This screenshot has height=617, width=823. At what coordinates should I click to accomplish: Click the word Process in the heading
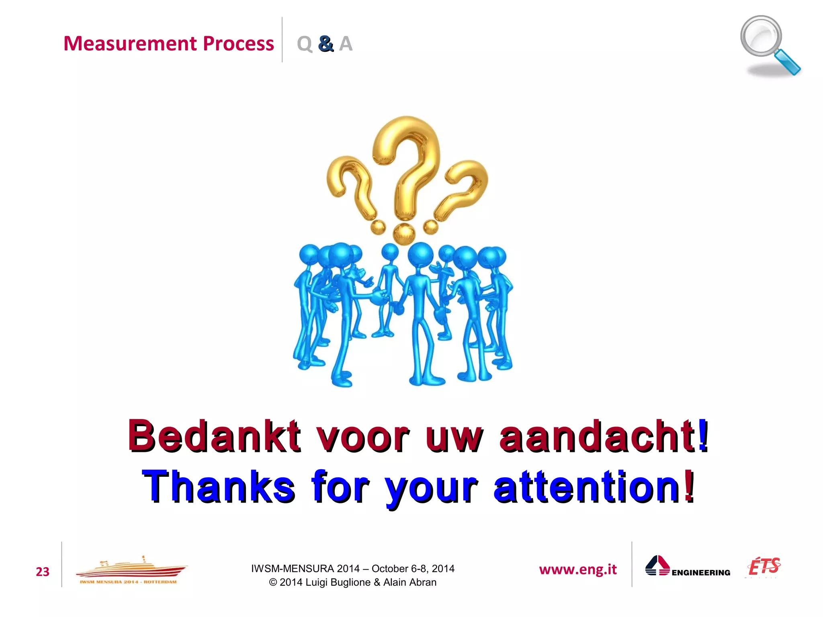(x=238, y=43)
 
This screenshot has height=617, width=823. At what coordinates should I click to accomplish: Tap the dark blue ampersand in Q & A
(x=326, y=43)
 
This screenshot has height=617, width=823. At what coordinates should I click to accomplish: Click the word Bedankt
(x=214, y=436)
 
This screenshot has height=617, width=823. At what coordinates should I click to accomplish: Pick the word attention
(x=587, y=486)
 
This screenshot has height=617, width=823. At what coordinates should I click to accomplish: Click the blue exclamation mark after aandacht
(x=703, y=435)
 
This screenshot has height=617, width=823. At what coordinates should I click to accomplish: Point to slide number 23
(x=43, y=572)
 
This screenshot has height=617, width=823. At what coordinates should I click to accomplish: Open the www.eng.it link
(x=577, y=569)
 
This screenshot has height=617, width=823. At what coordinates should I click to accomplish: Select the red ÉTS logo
(x=764, y=566)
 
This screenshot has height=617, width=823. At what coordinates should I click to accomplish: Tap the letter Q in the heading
(x=304, y=43)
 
